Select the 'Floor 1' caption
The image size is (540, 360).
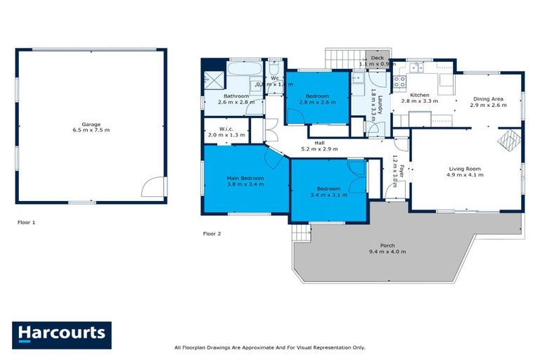tap(27, 222)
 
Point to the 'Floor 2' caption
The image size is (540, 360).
tap(212, 233)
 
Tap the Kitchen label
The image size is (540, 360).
tap(419, 95)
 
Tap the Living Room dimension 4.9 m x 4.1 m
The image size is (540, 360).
tap(465, 176)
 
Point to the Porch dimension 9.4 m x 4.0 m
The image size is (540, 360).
tap(387, 252)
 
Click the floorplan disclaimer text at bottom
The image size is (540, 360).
tap(269, 347)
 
